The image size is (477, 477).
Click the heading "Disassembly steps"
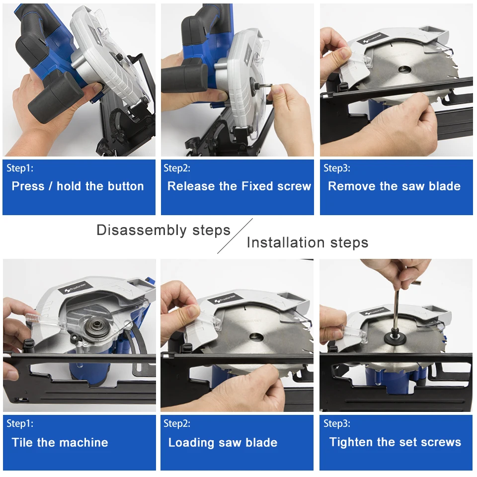(x=163, y=230)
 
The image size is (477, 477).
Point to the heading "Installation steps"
(x=308, y=243)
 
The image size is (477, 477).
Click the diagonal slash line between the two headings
(x=235, y=236)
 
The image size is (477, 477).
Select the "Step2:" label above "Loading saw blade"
(x=177, y=423)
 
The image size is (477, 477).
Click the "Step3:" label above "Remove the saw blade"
(x=337, y=168)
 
